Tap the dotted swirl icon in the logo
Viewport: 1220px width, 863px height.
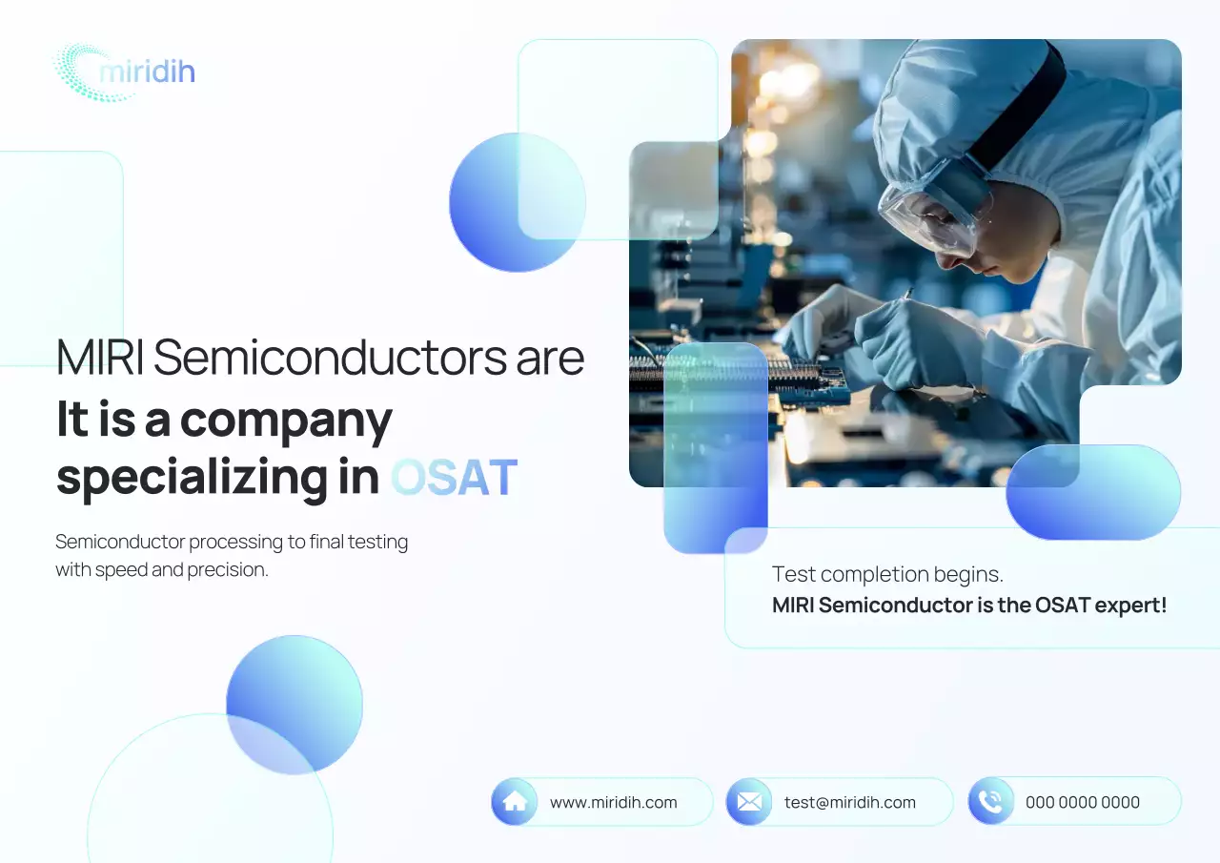pos(81,72)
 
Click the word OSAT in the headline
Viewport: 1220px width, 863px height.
pos(454,478)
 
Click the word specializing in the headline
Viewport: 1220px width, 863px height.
pos(192,478)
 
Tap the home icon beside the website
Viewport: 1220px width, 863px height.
pos(515,802)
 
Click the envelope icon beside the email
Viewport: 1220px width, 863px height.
pos(749,802)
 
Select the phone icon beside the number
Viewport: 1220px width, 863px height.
pos(991,802)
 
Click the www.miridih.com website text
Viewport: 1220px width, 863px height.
pos(614,803)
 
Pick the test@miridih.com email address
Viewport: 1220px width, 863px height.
pos(850,803)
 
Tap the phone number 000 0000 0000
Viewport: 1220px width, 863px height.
pos(1083,803)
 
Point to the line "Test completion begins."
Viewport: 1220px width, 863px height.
pos(887,574)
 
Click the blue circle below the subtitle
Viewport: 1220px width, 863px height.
pos(295,704)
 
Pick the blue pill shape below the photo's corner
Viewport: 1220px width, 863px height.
pos(1093,492)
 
